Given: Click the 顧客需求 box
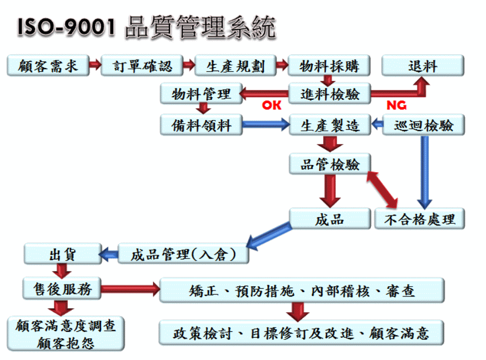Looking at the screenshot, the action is [x=48, y=65].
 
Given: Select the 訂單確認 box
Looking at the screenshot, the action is [x=142, y=65].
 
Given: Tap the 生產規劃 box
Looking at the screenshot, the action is [x=235, y=65].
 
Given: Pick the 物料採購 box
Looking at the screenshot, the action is [x=329, y=65].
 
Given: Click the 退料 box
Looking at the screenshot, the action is [x=423, y=65].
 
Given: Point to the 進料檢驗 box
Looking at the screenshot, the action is [x=330, y=93].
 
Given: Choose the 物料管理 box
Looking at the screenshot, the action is [x=201, y=93].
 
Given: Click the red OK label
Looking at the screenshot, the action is [x=272, y=105].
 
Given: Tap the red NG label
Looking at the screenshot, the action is [x=396, y=105].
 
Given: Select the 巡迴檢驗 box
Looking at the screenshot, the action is [x=424, y=125].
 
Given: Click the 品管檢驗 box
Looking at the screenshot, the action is [x=330, y=163].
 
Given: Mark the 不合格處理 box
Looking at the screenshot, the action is [x=420, y=219].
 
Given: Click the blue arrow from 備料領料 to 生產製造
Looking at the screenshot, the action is [x=266, y=124].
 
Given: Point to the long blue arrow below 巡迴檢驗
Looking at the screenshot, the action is [x=425, y=172].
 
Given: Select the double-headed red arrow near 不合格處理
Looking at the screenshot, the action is [x=382, y=190].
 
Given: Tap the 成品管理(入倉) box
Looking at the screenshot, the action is [x=183, y=254].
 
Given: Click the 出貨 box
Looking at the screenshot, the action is [x=62, y=254].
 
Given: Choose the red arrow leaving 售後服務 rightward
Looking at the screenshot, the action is [x=130, y=289].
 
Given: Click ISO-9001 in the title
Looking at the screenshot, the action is [x=66, y=27].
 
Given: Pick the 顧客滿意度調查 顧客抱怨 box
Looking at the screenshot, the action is [x=65, y=334].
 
